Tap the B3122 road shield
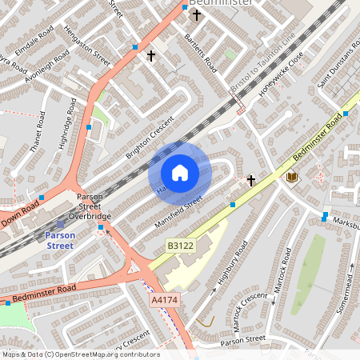pos(180,246)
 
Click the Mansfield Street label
pos(178,210)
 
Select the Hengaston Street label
pos(91,46)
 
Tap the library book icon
pos(291,176)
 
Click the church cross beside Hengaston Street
pos(150,55)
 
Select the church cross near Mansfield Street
pos(250,181)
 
